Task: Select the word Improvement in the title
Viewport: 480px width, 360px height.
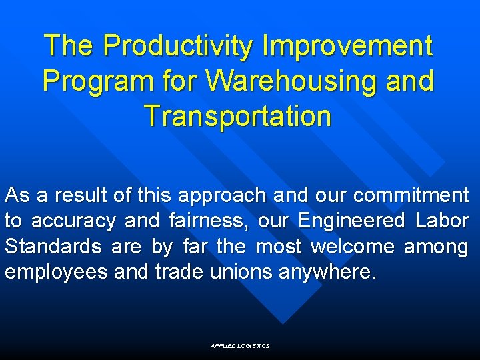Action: (x=348, y=46)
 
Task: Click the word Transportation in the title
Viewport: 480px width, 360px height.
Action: (x=237, y=115)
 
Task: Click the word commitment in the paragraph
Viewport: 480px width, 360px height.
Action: (x=411, y=195)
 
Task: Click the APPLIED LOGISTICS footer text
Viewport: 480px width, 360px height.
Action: (x=240, y=346)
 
